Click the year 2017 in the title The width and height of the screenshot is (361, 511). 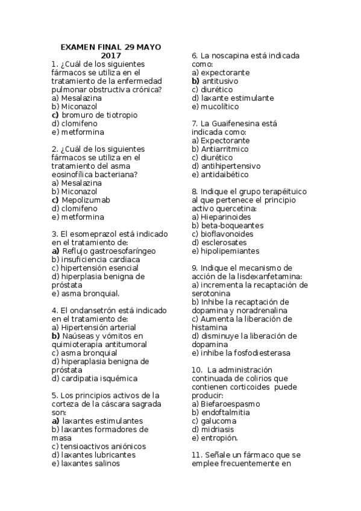pos(111,55)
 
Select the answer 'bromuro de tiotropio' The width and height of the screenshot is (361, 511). pos(99,114)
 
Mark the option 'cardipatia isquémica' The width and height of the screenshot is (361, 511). pos(98,378)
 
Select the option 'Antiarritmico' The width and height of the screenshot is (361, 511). pos(224,148)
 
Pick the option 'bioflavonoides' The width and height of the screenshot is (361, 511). pos(227,234)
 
